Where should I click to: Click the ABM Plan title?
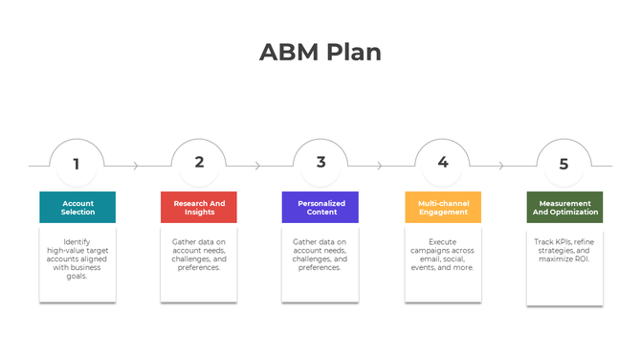(x=320, y=52)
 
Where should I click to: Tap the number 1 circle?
(x=77, y=163)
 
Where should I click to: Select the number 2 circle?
(x=199, y=163)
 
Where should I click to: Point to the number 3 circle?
(x=320, y=163)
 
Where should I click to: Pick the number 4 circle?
(x=442, y=163)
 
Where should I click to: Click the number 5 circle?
(x=564, y=164)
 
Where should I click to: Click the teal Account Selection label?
(x=77, y=207)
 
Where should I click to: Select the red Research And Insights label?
(x=199, y=207)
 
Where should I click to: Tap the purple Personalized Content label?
(x=320, y=207)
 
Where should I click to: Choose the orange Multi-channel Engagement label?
(x=443, y=207)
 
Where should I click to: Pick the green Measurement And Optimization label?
(x=564, y=207)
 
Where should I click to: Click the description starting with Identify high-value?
(x=77, y=259)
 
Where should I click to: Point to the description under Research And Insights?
(x=199, y=255)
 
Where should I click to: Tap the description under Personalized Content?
(x=320, y=255)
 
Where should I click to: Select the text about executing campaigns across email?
(x=443, y=255)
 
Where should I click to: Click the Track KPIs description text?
(x=564, y=251)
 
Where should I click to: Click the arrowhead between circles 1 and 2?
(x=136, y=166)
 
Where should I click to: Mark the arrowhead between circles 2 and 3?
(x=257, y=166)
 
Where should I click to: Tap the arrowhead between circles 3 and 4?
(x=380, y=166)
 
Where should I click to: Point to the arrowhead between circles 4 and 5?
(x=501, y=166)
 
